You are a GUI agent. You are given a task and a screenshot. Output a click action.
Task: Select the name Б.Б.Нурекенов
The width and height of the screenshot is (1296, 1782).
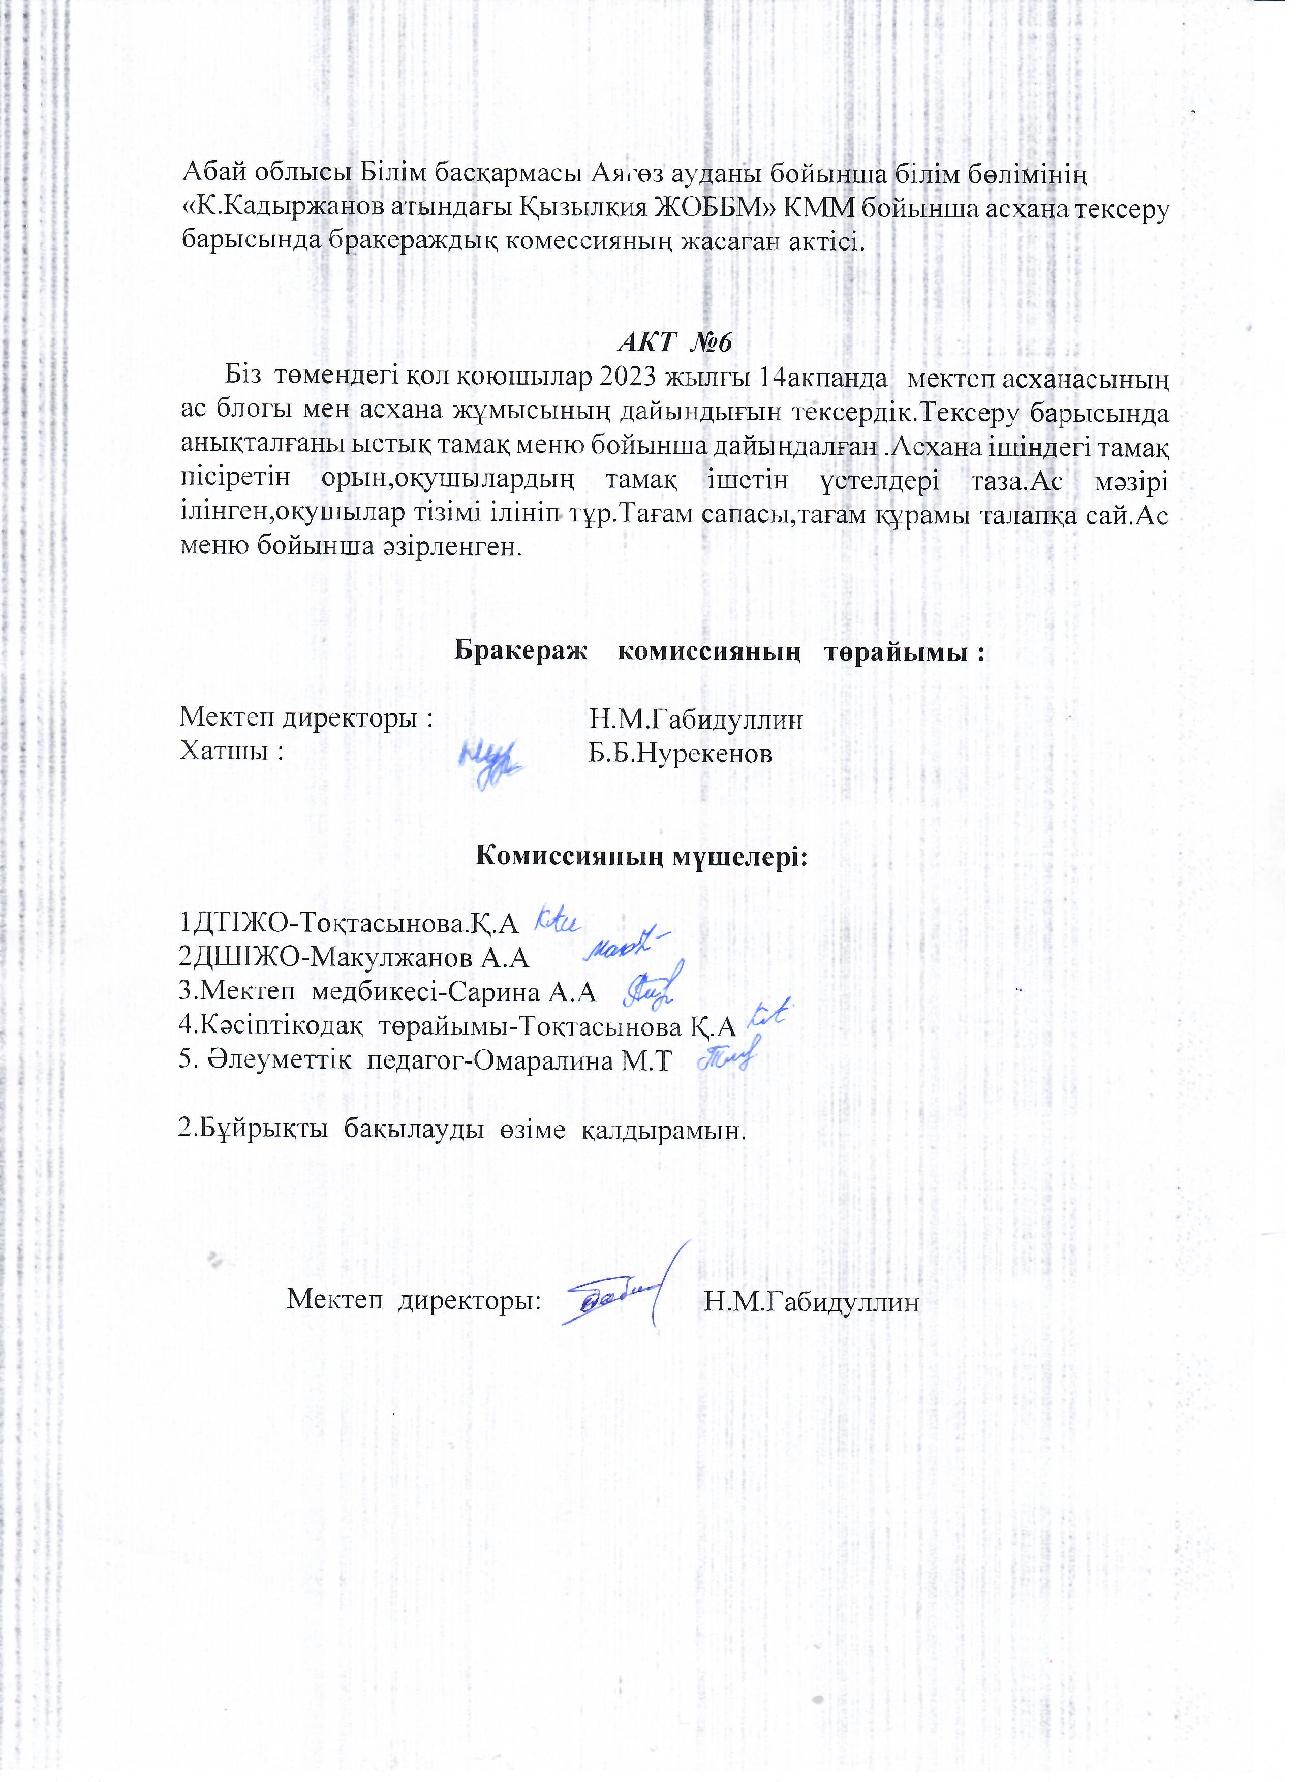(681, 754)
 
